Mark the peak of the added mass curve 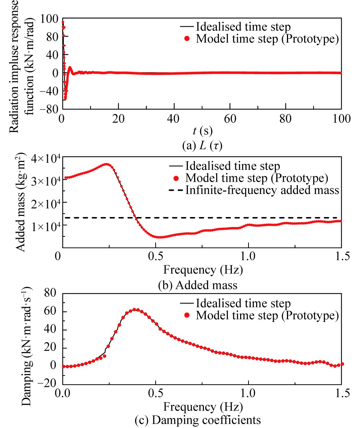point(107,164)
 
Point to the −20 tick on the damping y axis point(46,383)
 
